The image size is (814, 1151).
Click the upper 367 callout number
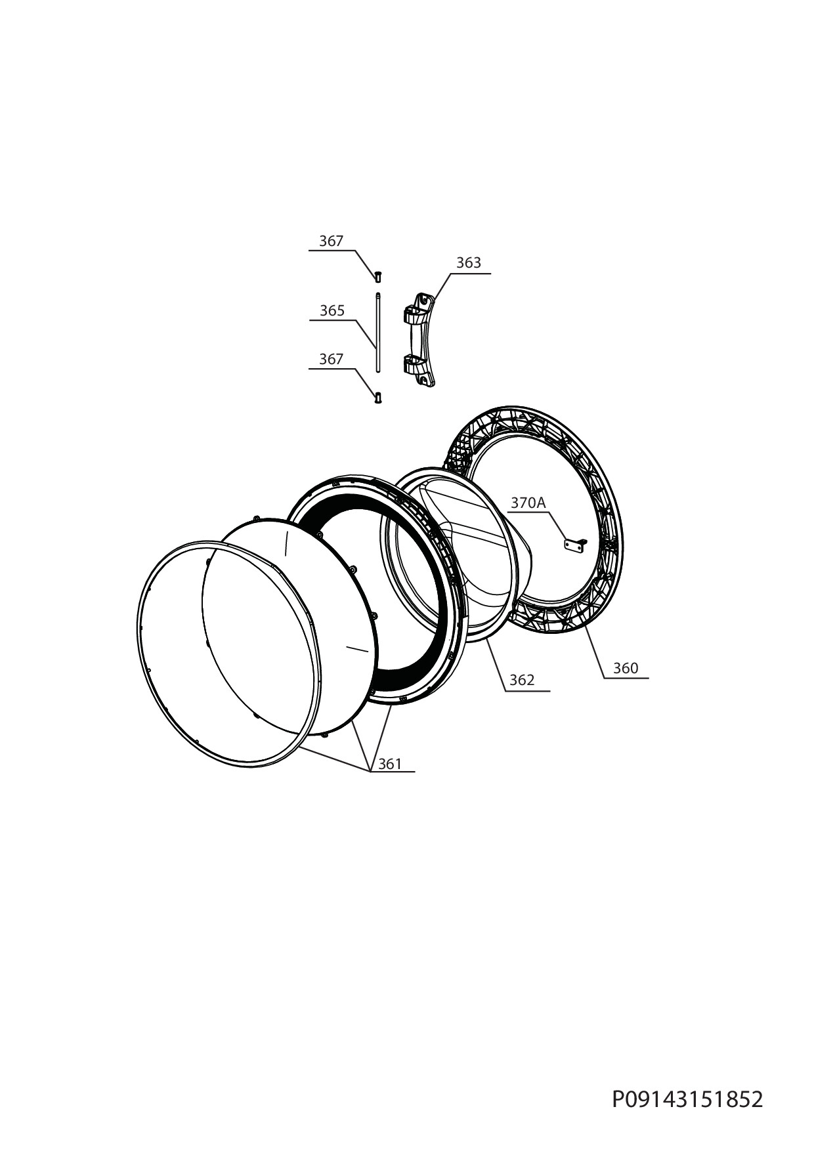coord(331,241)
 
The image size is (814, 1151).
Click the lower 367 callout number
coord(331,360)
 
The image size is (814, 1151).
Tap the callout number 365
coord(332,310)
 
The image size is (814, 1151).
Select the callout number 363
coord(469,262)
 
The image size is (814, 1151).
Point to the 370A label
coord(528,503)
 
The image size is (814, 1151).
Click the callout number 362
coord(522,680)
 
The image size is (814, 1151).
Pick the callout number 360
coord(626,668)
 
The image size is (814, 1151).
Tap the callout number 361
coord(390,764)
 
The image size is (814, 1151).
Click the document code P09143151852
coord(688,1099)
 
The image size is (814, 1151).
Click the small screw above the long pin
coord(378,277)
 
